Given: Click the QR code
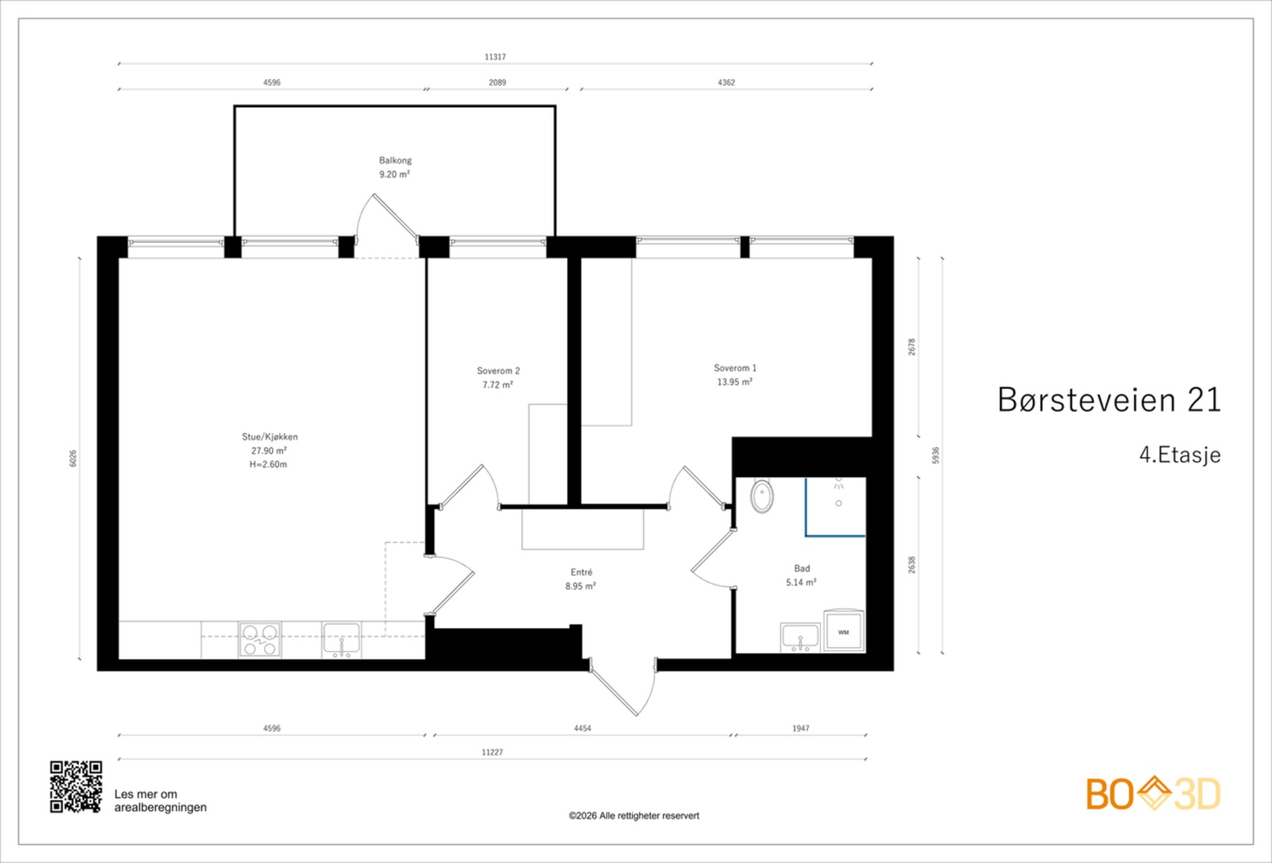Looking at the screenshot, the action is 76,787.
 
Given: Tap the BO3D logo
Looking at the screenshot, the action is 1154,794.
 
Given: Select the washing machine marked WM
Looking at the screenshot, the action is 843,632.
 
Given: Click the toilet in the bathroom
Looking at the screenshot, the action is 762,496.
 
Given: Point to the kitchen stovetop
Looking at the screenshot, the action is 259,639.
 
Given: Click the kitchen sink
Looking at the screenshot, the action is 341,639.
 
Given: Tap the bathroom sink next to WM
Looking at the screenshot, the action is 800,637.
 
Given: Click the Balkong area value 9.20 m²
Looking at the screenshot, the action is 394,174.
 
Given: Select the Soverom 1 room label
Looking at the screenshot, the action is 735,368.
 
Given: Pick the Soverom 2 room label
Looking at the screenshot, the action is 498,371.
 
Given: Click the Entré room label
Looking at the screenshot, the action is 581,572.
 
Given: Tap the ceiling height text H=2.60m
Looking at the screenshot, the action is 268,465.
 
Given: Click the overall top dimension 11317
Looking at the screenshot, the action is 495,56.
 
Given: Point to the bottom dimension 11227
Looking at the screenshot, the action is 492,752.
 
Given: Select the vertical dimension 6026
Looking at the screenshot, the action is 72,458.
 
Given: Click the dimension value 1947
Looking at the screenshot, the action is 801,729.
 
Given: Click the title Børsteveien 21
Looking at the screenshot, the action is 1109,400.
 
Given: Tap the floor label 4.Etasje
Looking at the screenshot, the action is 1180,455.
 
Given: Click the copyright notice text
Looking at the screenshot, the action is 634,816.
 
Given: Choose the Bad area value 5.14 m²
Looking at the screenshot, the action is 801,582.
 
